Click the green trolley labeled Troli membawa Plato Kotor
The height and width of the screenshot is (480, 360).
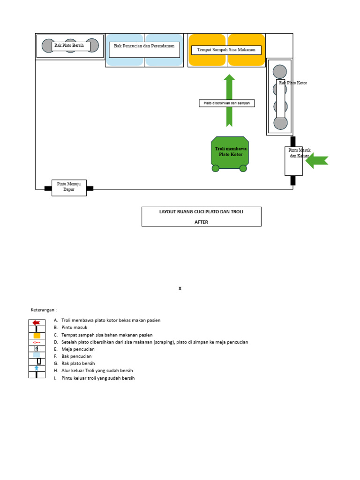[230, 151]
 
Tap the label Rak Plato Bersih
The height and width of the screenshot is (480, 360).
[70, 46]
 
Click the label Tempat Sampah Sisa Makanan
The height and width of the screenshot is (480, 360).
[226, 50]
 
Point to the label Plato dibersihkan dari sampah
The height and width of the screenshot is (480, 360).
[226, 103]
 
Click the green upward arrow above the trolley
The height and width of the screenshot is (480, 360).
[229, 89]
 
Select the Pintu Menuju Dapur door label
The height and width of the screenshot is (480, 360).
[69, 187]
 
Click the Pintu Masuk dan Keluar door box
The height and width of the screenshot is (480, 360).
[293, 161]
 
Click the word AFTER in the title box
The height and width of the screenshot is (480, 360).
[201, 222]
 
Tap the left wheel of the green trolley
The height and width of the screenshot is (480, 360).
[216, 168]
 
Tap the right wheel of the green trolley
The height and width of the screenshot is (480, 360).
[243, 168]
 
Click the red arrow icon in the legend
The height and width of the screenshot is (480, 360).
[36, 322]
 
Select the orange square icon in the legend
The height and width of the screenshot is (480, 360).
[37, 336]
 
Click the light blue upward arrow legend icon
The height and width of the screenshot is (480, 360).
[37, 368]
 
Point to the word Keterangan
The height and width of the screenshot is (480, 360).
[44, 310]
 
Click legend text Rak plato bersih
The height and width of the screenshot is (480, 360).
[78, 363]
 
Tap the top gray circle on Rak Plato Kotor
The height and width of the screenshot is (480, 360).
[280, 72]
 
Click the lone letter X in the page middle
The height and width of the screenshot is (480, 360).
[180, 289]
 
